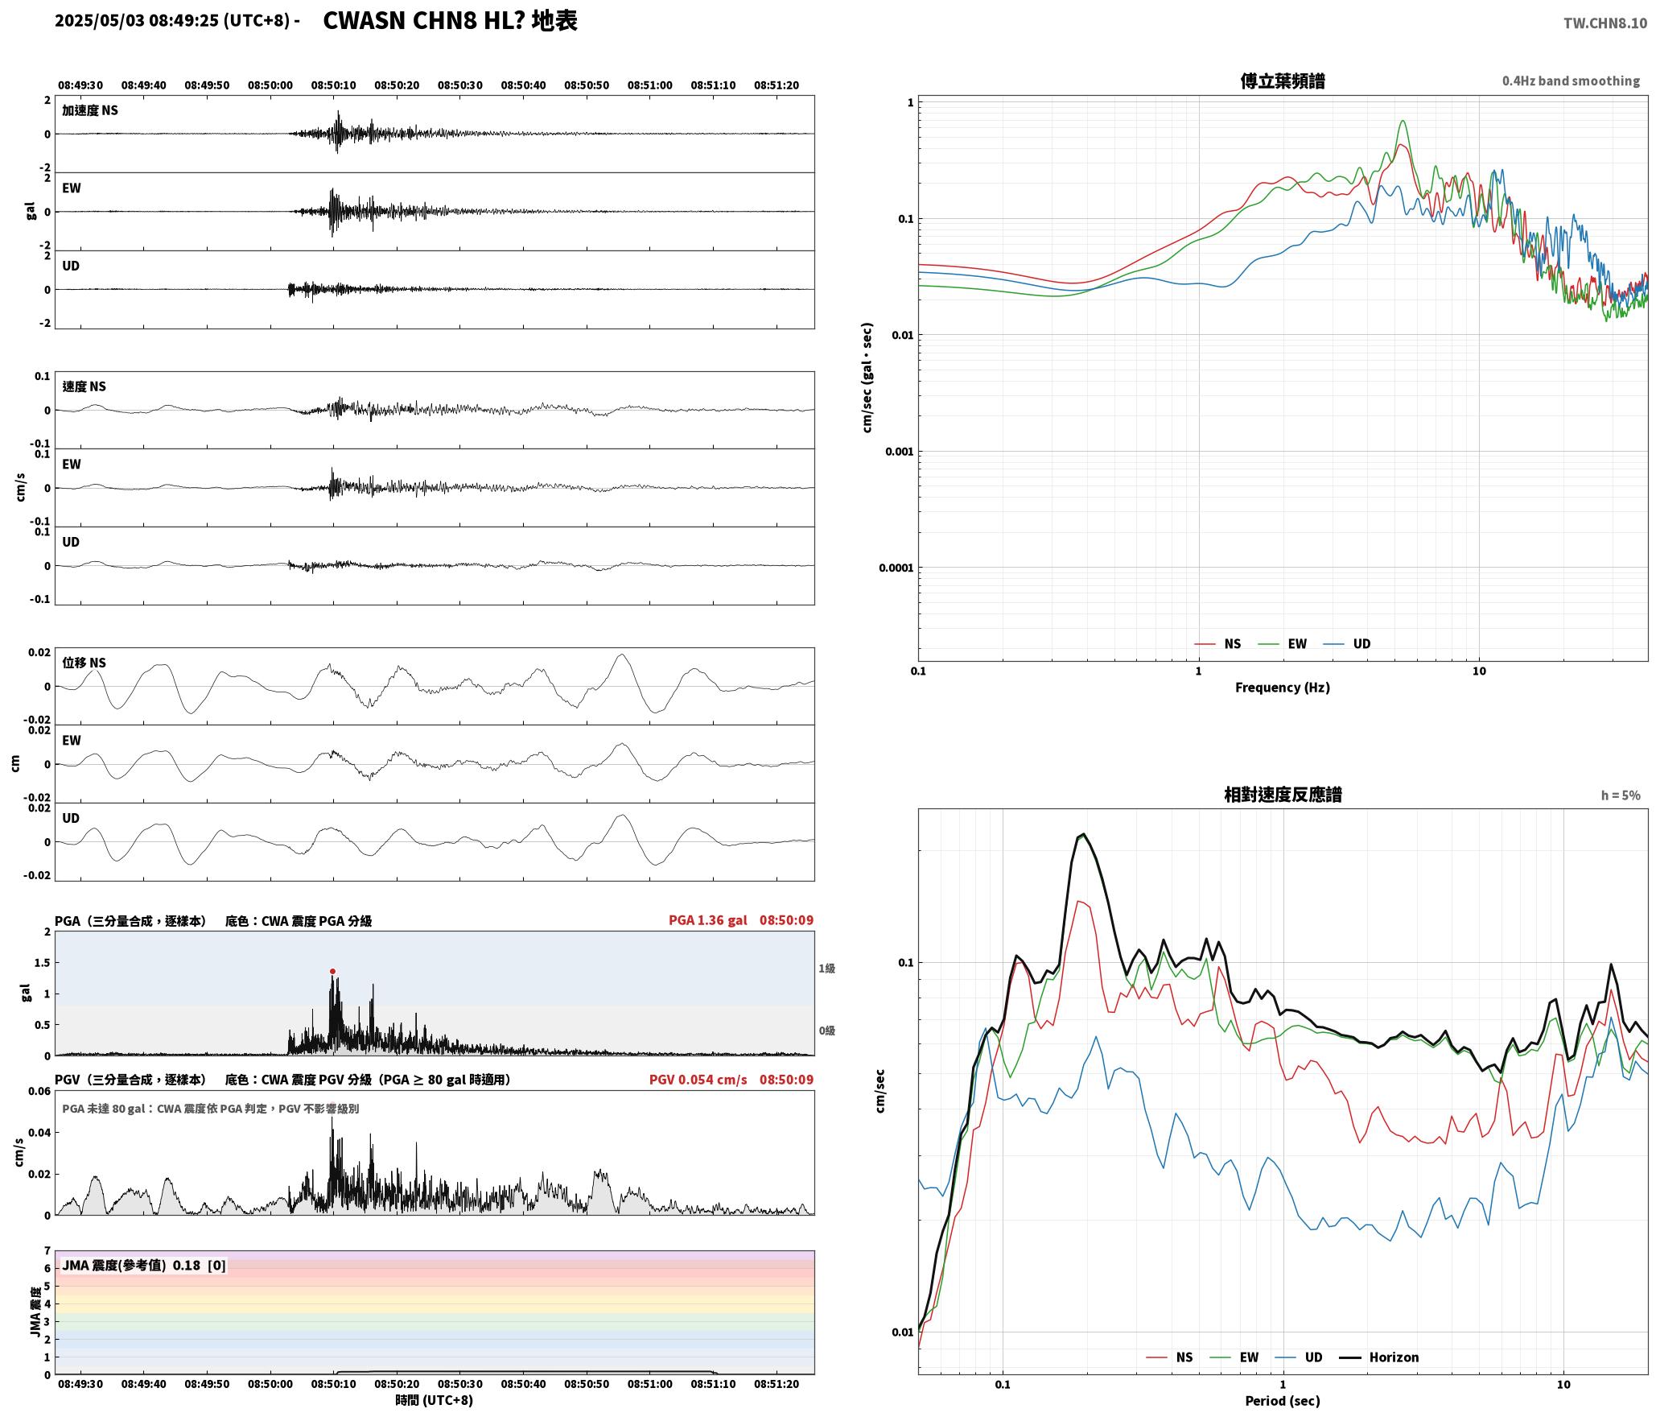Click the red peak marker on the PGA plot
[332, 971]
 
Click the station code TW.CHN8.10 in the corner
[1605, 23]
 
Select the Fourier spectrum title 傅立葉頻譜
[1283, 81]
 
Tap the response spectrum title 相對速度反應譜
[1283, 794]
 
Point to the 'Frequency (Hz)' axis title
[1283, 687]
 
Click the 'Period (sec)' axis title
[1283, 1400]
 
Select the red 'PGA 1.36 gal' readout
[707, 919]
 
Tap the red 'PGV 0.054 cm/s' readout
[698, 1079]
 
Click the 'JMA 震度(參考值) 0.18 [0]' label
[144, 1265]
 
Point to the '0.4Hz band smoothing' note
[1571, 81]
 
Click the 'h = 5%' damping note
[1621, 795]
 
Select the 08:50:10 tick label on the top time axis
[333, 85]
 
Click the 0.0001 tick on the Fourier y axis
[896, 568]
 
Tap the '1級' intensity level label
[826, 968]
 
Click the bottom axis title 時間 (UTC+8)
[434, 1400]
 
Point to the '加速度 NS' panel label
[90, 109]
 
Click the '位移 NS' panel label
[84, 663]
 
